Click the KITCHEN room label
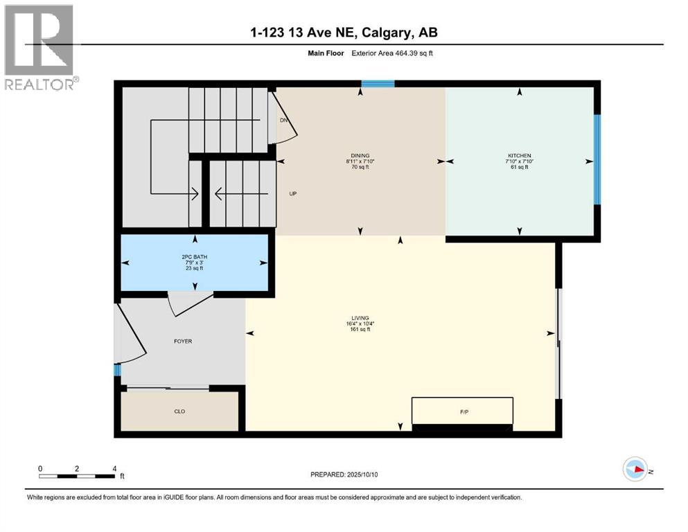[519, 155]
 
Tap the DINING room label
[360, 155]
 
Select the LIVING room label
[360, 318]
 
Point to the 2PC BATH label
[194, 257]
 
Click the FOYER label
[183, 342]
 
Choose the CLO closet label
[179, 411]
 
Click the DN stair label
[283, 121]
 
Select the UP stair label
[292, 193]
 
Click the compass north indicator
[635, 469]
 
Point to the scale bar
[77, 475]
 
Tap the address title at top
[344, 33]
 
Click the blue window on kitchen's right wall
[597, 159]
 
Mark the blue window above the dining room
[378, 84]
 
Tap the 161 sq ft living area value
[360, 330]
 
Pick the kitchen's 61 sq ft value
[519, 167]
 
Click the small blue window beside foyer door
[117, 370]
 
